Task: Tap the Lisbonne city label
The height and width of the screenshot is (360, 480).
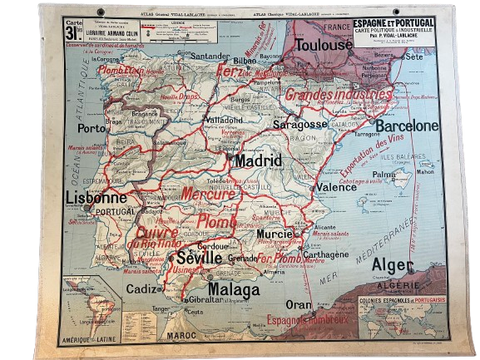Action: [x=96, y=198]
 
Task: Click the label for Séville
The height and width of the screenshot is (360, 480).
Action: [x=200, y=259]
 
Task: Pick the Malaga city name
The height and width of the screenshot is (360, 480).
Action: [x=235, y=288]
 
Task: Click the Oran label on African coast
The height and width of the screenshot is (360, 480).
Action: [x=299, y=304]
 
